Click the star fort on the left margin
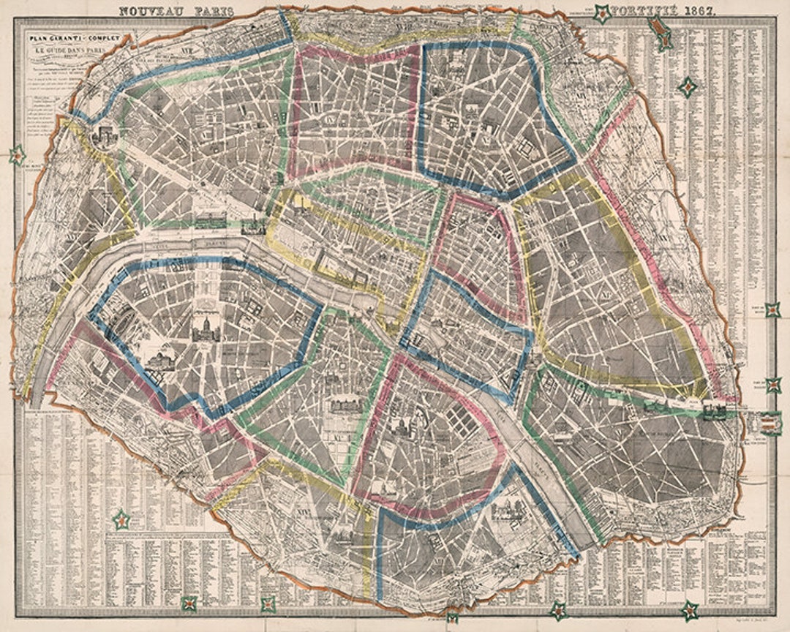tap(16, 155)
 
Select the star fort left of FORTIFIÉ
tap(601, 12)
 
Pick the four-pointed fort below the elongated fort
tap(688, 89)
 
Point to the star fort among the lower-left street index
tap(121, 521)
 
